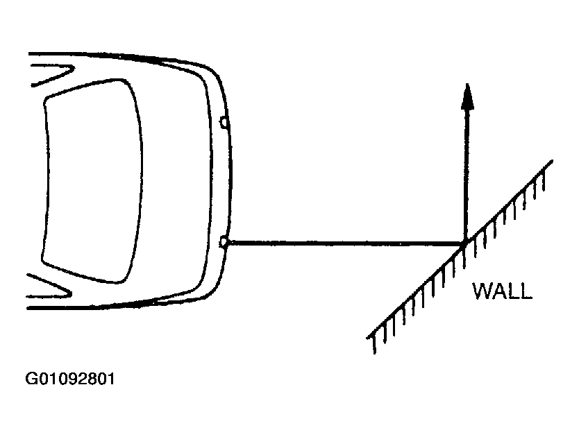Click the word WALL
click(502, 291)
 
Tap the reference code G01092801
click(70, 379)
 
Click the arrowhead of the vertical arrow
click(467, 96)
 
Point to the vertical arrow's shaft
click(467, 175)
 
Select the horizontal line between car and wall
click(345, 243)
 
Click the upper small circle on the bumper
click(224, 122)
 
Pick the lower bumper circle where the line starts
click(224, 242)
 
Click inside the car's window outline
click(92, 181)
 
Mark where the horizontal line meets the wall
click(464, 243)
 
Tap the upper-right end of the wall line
click(552, 161)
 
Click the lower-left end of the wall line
click(367, 337)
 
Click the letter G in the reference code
click(31, 379)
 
